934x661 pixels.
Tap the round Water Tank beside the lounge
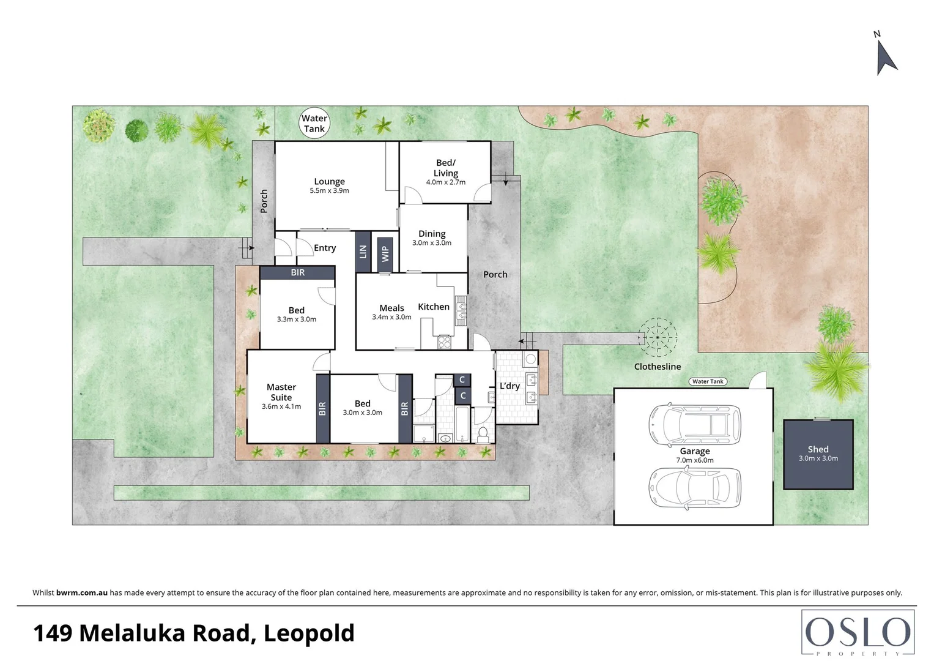pos(314,124)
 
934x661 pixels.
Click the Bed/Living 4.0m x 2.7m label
pos(445,172)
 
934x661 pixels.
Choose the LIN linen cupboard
pos(363,252)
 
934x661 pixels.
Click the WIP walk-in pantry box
pos(385,253)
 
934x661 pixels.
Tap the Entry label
pos(325,248)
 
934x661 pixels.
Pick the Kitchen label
pos(434,307)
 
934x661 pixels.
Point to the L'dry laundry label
pos(510,386)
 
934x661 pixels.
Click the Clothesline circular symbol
pos(658,337)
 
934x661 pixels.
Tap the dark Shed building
pos(818,454)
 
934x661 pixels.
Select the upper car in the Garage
pos(694,423)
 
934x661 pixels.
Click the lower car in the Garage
pos(694,488)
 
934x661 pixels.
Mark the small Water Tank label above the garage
pos(708,381)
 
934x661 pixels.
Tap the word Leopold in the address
pos(309,633)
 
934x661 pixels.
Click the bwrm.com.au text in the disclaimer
pos(82,592)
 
